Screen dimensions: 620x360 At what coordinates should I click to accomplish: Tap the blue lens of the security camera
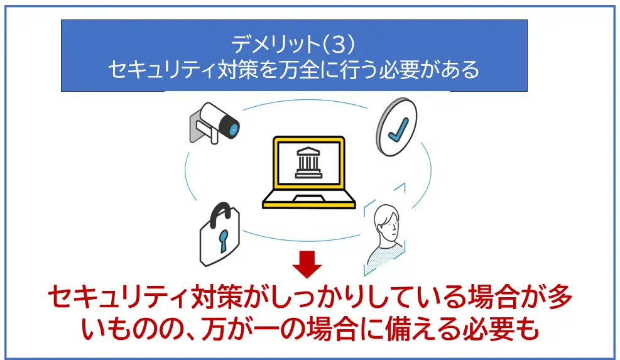[234, 129]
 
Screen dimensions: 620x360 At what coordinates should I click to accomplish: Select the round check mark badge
[396, 127]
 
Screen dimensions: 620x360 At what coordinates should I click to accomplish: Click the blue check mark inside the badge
[398, 129]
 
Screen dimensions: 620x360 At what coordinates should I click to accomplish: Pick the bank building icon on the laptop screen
[308, 163]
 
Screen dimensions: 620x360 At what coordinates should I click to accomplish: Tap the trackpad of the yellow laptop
[309, 198]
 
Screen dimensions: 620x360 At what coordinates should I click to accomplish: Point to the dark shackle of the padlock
[220, 214]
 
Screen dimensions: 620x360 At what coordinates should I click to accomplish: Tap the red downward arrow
[307, 264]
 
